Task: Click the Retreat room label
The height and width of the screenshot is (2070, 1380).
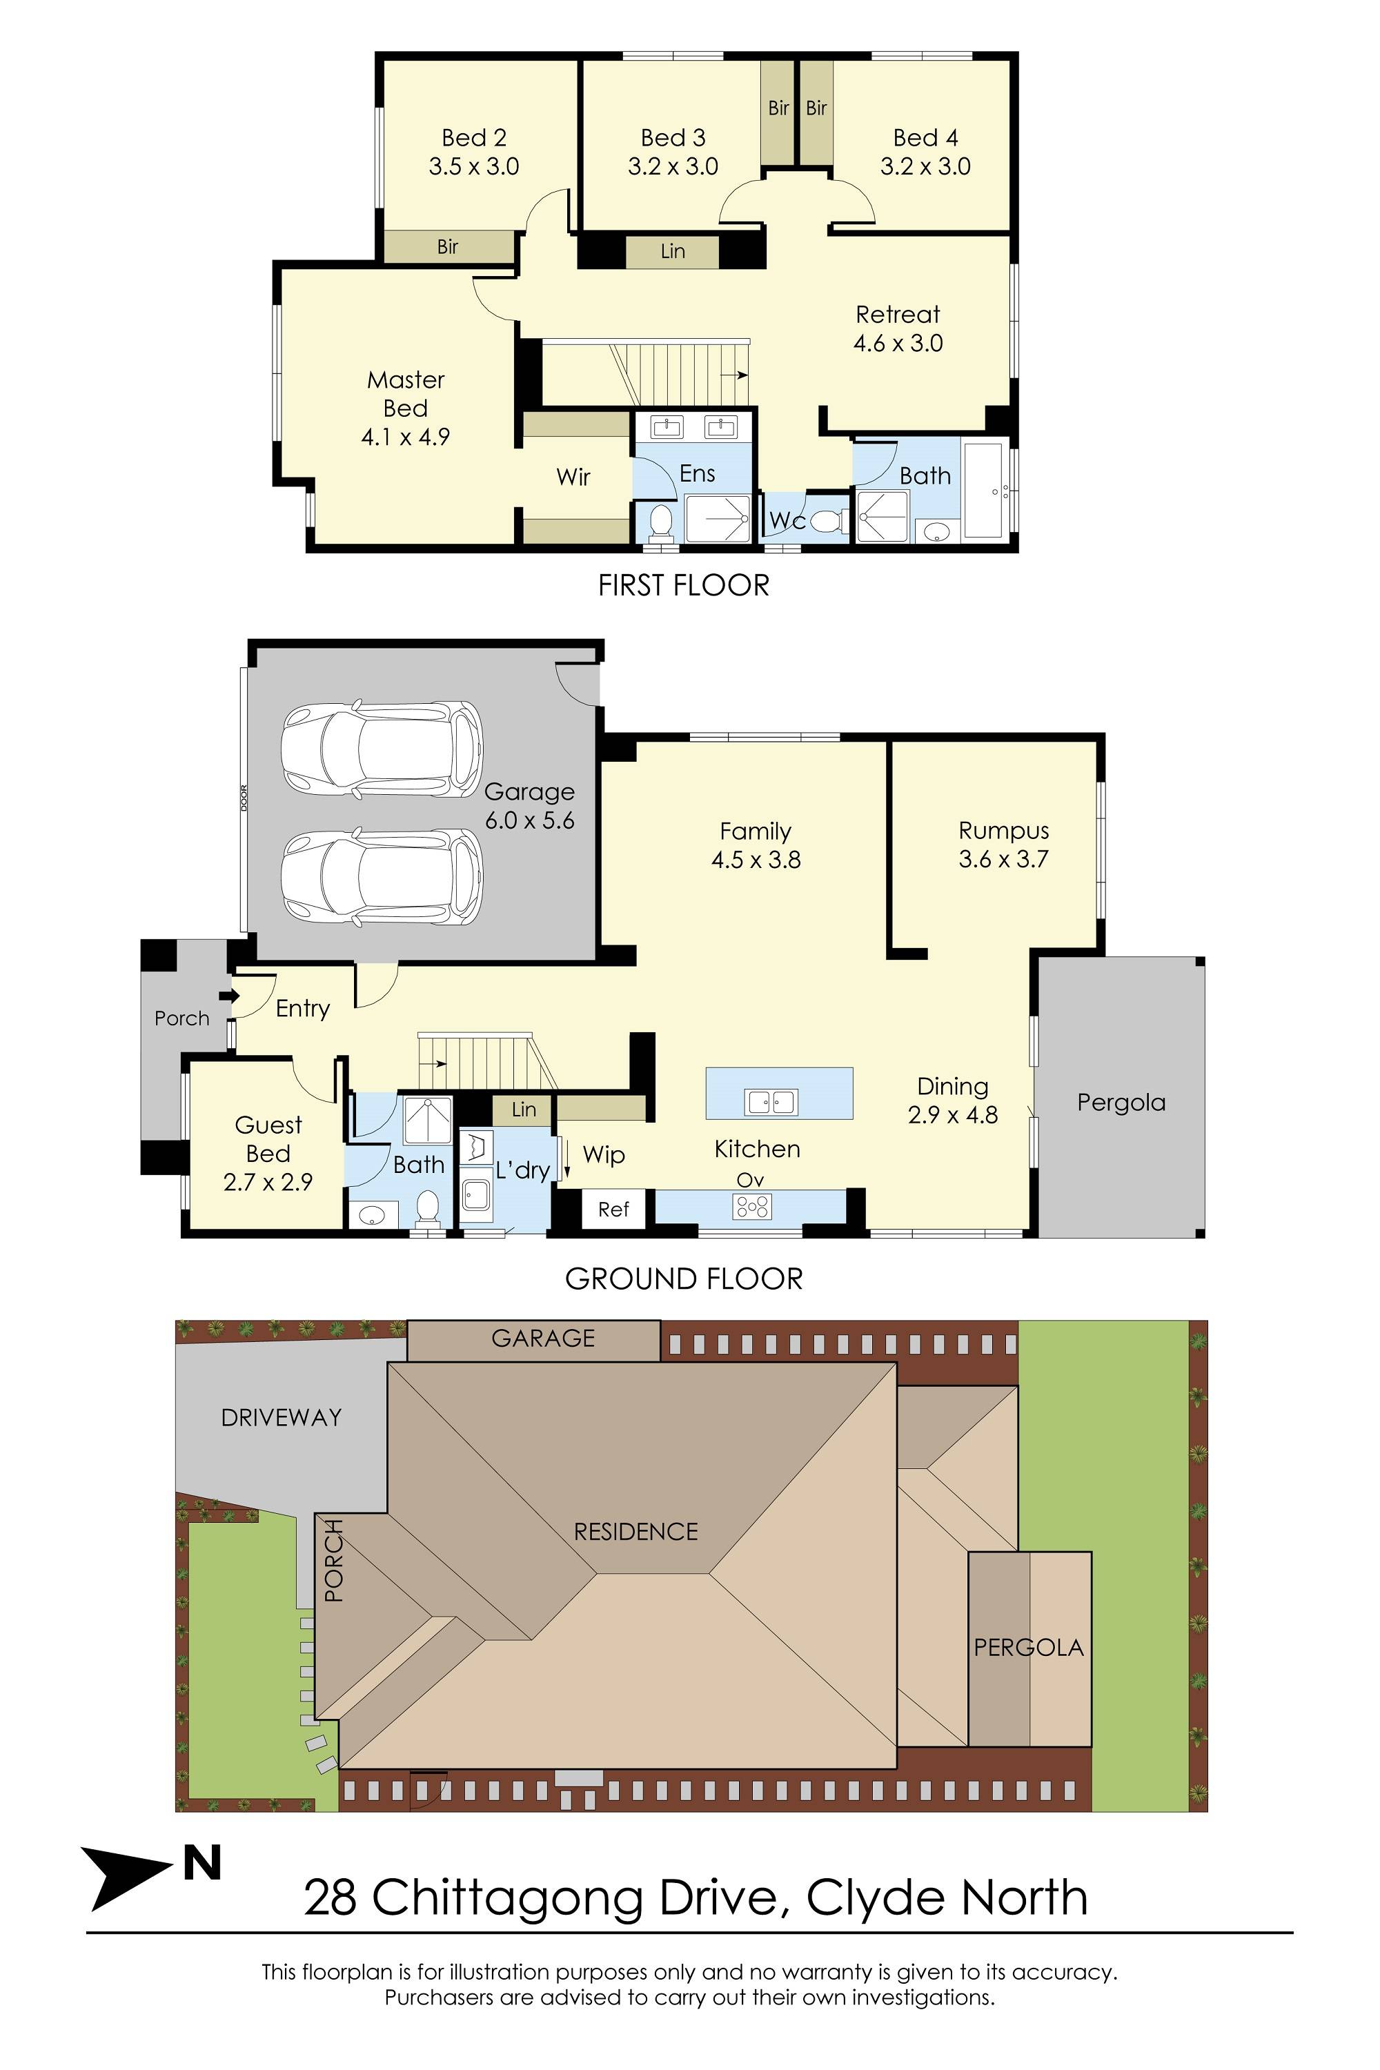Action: click(x=898, y=314)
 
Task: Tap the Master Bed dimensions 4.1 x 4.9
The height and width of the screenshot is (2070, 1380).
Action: click(x=405, y=437)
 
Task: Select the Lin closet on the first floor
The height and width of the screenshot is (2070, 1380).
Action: click(x=672, y=252)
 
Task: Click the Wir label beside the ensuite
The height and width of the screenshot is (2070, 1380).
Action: click(x=573, y=477)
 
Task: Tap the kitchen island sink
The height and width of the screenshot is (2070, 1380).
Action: click(x=771, y=1101)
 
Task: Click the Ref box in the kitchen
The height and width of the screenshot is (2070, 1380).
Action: click(x=613, y=1210)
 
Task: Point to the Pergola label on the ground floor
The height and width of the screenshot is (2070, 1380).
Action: click(x=1121, y=1102)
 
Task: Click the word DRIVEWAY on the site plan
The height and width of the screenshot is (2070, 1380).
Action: click(x=281, y=1417)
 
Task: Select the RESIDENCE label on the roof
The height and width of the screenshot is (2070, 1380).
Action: click(x=635, y=1531)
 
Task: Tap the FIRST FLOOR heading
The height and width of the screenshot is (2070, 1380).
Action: click(x=683, y=585)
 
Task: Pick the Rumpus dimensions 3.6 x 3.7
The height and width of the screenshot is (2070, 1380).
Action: click(x=1003, y=860)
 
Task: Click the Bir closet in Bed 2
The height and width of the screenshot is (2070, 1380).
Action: click(x=448, y=246)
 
